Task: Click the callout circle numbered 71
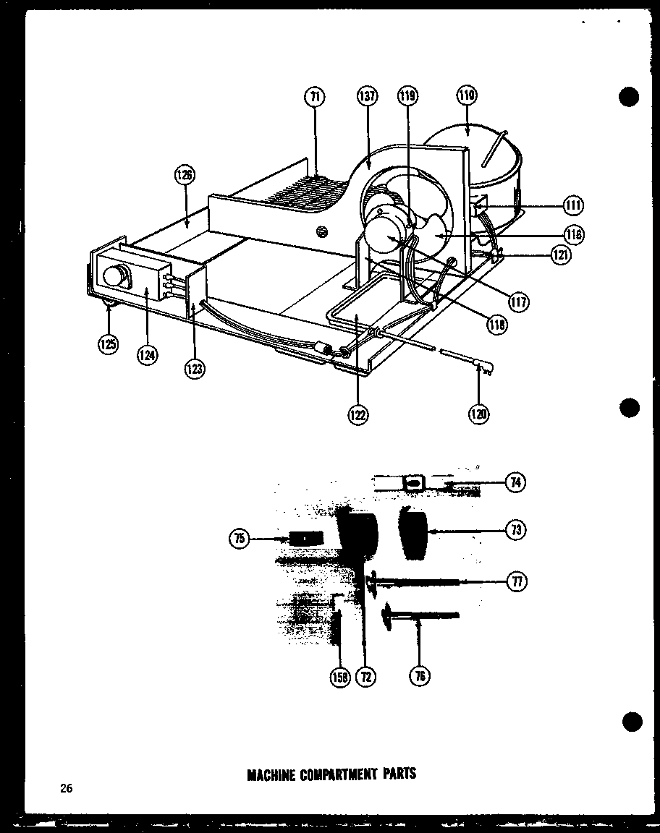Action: coord(316,97)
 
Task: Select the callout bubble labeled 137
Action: coord(366,97)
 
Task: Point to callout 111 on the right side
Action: coord(573,206)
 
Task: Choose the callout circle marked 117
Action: coord(518,302)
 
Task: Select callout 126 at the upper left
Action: coord(185,175)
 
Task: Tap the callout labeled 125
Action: coord(108,344)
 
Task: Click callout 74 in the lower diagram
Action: coord(515,483)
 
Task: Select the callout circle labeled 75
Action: coord(239,537)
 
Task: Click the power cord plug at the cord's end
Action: coord(481,369)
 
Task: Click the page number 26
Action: coord(67,788)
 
